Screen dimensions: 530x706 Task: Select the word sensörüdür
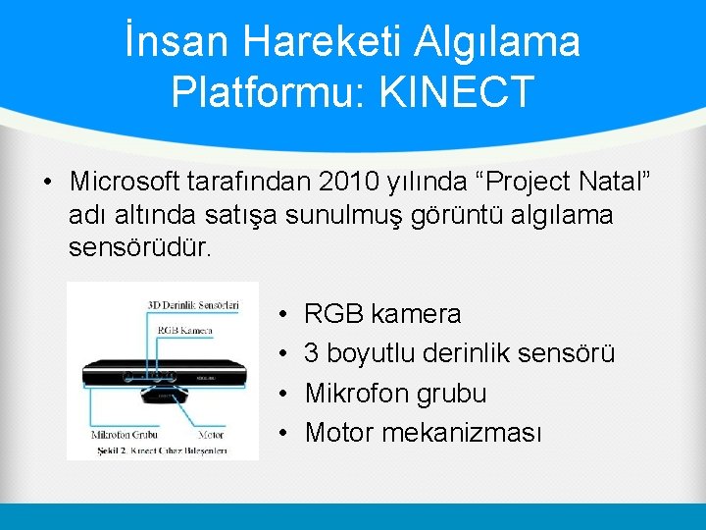point(139,246)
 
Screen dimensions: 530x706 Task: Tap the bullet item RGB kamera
point(382,314)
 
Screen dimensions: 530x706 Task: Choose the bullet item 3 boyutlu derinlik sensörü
point(459,353)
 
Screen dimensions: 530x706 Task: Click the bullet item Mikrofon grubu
point(395,393)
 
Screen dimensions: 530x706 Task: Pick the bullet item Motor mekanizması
point(423,432)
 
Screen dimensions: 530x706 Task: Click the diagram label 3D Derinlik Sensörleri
point(193,305)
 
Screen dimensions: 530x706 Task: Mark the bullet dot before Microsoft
point(46,183)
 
